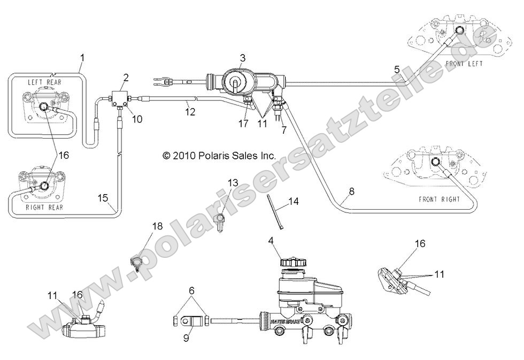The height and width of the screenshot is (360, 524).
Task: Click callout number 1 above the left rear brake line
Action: (82, 57)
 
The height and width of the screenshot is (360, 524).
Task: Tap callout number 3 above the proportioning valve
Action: (242, 57)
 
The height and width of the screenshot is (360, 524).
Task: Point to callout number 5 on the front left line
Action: (396, 70)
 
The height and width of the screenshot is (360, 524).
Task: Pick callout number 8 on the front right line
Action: (351, 191)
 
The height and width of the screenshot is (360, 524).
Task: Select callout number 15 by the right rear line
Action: (103, 197)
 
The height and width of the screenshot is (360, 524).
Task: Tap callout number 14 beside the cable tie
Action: (293, 202)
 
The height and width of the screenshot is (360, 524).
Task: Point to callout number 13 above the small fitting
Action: (232, 183)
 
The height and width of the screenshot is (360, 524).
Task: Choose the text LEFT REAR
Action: (46, 82)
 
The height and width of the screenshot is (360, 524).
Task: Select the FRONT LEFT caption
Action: (463, 64)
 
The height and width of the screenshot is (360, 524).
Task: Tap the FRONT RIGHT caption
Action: (440, 199)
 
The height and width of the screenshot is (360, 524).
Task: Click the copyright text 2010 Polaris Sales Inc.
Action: (219, 156)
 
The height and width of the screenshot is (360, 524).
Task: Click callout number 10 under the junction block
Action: (137, 119)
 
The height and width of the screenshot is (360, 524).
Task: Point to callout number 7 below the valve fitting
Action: (283, 130)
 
